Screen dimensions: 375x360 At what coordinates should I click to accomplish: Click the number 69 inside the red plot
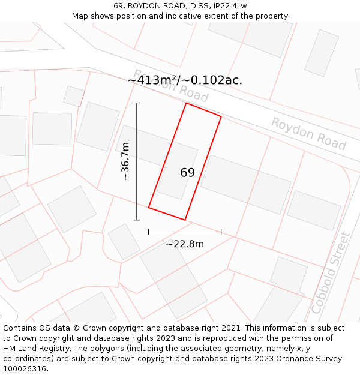[187, 173]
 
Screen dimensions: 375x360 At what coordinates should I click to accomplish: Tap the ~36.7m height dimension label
[125, 161]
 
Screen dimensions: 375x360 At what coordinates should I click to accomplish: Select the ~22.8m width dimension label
[185, 244]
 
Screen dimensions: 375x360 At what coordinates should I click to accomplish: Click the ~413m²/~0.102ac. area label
[185, 80]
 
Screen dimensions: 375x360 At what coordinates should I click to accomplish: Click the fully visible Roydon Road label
[308, 134]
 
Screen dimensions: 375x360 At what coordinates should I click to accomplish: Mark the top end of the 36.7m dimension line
[137, 103]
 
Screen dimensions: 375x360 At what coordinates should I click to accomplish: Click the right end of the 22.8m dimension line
[221, 231]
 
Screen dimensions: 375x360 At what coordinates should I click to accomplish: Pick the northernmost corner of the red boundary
[186, 103]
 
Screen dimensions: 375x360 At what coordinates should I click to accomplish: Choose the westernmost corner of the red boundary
[148, 208]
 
